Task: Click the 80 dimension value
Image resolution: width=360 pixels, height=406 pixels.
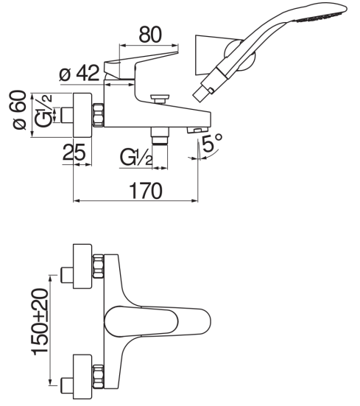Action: [x=150, y=34]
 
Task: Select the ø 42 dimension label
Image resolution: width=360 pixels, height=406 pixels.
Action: [x=79, y=72]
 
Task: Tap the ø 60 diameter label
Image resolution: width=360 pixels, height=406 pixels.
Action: [x=20, y=110]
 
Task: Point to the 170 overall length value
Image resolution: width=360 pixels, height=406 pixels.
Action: [x=146, y=191]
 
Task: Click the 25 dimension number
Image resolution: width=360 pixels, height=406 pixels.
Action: [x=74, y=152]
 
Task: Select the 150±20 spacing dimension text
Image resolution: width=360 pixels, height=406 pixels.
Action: [x=40, y=321]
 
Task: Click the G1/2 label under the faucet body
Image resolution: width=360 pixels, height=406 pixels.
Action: [x=136, y=157]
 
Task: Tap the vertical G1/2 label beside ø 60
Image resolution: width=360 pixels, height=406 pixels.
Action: [x=43, y=111]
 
